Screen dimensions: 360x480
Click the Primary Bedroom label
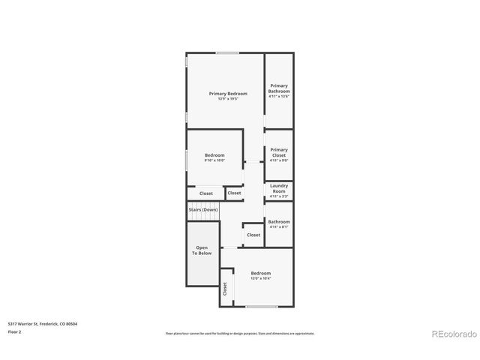pos(227,94)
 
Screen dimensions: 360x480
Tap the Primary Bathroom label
pos(279,88)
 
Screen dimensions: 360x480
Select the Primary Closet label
pos(279,152)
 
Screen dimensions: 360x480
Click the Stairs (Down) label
pos(202,210)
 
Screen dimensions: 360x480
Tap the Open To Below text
pos(203,250)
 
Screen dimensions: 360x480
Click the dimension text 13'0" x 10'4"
pos(260,278)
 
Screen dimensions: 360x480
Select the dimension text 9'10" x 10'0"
pos(214,160)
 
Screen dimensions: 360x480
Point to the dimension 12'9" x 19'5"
pos(227,99)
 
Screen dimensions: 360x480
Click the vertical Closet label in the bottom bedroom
pos(224,288)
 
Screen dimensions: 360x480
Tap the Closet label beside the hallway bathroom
pos(253,235)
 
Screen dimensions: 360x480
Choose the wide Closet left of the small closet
pos(205,193)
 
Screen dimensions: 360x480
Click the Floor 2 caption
pos(15,331)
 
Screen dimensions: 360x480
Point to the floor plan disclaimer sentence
pos(239,334)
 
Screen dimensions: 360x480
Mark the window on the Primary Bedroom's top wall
pos(228,52)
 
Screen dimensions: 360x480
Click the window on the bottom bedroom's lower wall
pos(261,306)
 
